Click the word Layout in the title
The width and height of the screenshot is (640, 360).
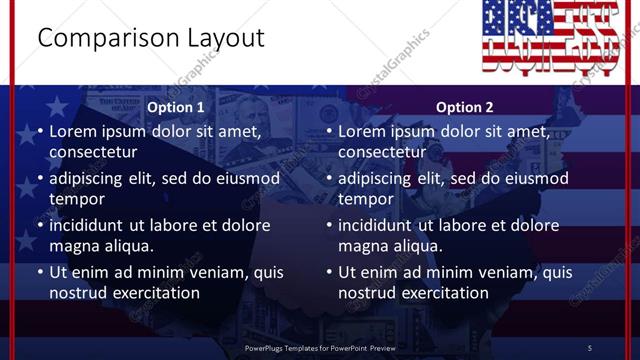click(x=225, y=39)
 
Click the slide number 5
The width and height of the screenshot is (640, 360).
click(x=590, y=347)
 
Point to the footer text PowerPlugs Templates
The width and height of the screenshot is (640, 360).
click(x=289, y=347)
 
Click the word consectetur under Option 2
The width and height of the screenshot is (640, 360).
click(x=382, y=152)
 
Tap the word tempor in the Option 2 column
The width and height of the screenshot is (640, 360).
click(x=364, y=199)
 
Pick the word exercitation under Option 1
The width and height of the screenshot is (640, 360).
click(x=154, y=293)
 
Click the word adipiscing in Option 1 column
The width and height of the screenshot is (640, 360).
click(x=90, y=179)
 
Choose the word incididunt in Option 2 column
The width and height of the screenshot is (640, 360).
click(x=376, y=226)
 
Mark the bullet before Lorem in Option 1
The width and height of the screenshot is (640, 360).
click(x=39, y=132)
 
